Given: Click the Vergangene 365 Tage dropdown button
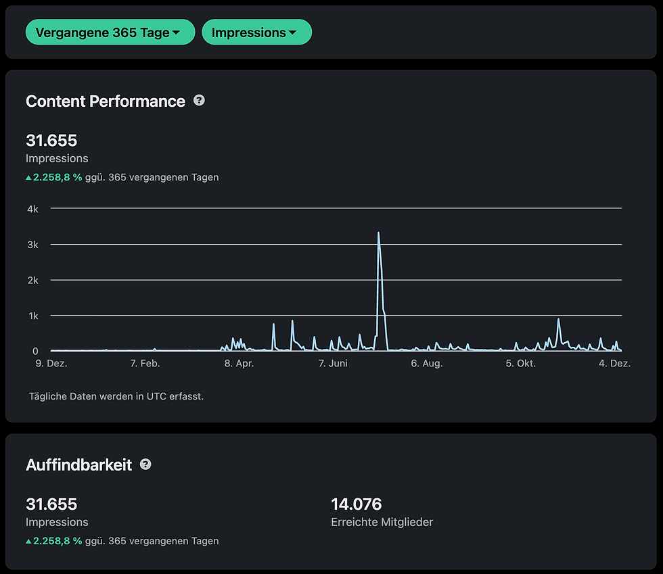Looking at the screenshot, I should (110, 32).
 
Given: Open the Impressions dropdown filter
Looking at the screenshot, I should (256, 32).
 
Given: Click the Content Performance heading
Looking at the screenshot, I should (105, 101).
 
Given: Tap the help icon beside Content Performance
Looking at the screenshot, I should (199, 100).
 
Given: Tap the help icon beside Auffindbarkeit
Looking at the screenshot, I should (145, 464).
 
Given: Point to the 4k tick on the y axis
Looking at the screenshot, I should (32, 209).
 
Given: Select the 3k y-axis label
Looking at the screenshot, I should (32, 245).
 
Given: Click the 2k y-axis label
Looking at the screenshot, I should (32, 280).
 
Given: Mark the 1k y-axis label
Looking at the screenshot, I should (32, 316).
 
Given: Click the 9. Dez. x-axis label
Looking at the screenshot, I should (51, 364).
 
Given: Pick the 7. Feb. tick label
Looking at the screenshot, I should (145, 364).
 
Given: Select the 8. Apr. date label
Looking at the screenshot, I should (238, 364).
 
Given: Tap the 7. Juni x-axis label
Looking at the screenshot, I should (332, 364).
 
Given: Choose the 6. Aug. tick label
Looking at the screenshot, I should (426, 364).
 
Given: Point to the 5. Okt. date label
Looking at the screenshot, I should (520, 364).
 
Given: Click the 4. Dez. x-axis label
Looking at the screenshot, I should (614, 364).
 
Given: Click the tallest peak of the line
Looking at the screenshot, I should (378, 233).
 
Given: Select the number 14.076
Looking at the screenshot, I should (356, 504).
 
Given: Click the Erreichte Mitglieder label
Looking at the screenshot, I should (382, 522).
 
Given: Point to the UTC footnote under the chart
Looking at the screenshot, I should (116, 396).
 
